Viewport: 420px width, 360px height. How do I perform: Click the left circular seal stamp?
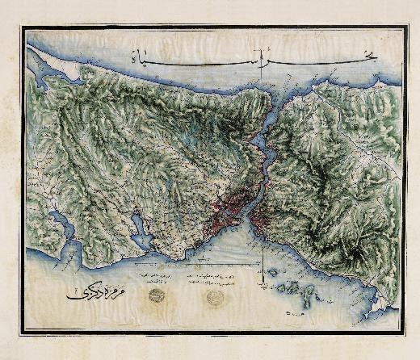[x=153, y=295]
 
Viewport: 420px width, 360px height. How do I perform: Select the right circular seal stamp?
[x=214, y=297]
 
